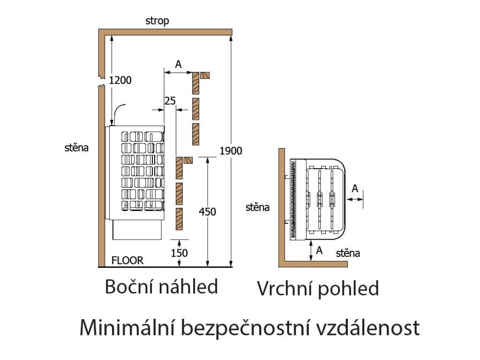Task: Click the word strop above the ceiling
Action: click(x=157, y=21)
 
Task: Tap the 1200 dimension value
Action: click(x=120, y=80)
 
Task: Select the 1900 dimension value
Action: click(x=231, y=151)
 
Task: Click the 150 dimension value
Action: click(x=179, y=253)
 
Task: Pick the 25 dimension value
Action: click(x=170, y=101)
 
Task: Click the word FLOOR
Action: click(x=127, y=260)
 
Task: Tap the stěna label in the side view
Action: click(x=76, y=148)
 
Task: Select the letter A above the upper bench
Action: click(x=178, y=65)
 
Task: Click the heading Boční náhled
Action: click(x=161, y=286)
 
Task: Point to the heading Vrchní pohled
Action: click(x=317, y=289)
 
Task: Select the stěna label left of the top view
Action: click(x=258, y=207)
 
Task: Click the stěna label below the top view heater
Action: click(x=348, y=254)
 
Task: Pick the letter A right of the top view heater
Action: click(x=355, y=188)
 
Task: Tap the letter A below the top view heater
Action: click(x=320, y=250)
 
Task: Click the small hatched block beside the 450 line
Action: click(x=188, y=160)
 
